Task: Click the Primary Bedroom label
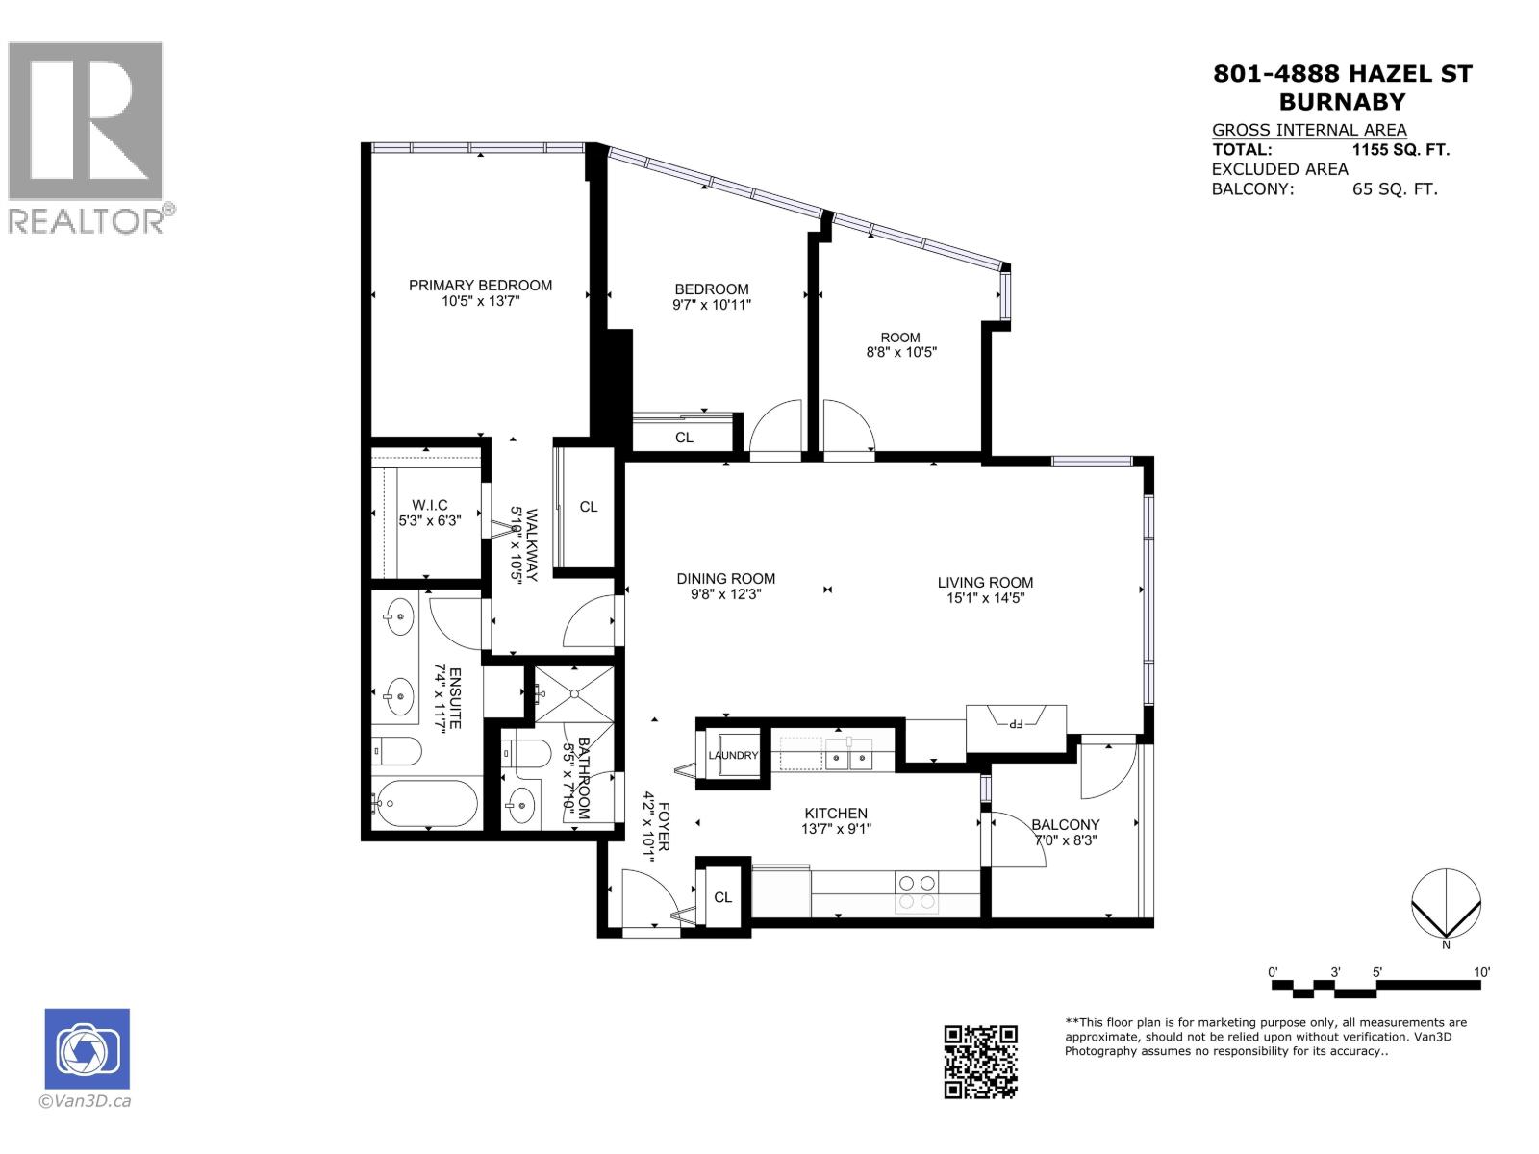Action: coord(480,285)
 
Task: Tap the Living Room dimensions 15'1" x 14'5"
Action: coord(985,598)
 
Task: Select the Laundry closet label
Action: coord(733,755)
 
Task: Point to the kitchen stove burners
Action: coord(916,891)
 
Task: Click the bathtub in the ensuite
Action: coord(426,803)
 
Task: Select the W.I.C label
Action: coord(429,505)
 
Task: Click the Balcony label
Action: coord(1065,824)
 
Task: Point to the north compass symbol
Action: coord(1445,904)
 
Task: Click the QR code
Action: coord(980,1062)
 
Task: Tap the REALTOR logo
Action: coord(87,135)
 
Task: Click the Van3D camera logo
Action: coord(87,1048)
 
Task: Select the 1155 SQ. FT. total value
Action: coord(1400,150)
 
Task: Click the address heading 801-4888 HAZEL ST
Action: coord(1342,74)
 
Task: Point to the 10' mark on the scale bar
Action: coord(1481,972)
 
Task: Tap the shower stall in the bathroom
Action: coord(573,692)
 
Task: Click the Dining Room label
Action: coord(725,579)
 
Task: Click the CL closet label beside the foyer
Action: coord(722,897)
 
